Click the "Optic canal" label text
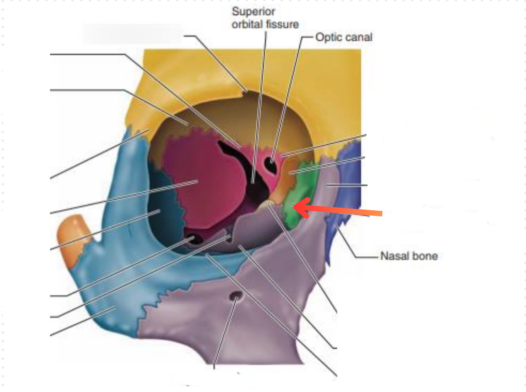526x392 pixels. click(x=344, y=37)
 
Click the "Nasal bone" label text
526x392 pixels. click(x=409, y=255)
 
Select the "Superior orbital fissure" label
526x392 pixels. click(x=265, y=18)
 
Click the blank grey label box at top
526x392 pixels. click(x=131, y=33)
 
